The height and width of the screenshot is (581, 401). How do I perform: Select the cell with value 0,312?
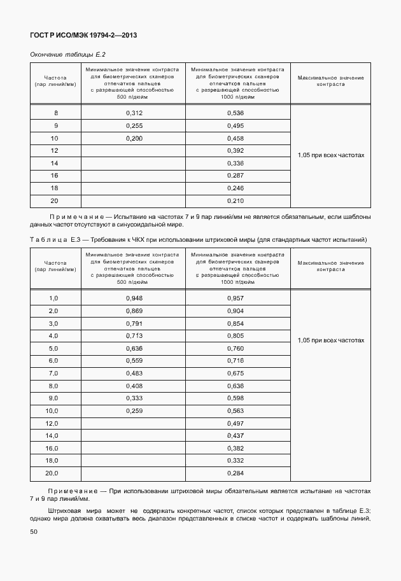(134, 113)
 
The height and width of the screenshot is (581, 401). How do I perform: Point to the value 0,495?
(236, 125)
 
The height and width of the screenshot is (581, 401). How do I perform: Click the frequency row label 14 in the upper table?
(55, 162)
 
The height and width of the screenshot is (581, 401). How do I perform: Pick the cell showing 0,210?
(236, 201)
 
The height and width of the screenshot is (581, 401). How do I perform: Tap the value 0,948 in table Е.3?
(134, 298)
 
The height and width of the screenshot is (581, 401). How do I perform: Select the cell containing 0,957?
(236, 298)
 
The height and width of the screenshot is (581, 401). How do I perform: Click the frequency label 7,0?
(53, 372)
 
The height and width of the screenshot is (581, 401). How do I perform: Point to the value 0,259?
(134, 410)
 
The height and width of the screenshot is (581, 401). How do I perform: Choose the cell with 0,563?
(236, 410)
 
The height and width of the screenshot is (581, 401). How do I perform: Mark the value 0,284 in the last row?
(236, 473)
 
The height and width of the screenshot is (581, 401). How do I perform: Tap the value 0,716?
(236, 360)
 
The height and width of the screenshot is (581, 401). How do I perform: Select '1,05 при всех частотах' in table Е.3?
(330, 340)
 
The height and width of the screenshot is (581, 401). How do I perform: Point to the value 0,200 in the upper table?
(134, 138)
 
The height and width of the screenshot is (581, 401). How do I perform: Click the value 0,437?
(236, 435)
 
